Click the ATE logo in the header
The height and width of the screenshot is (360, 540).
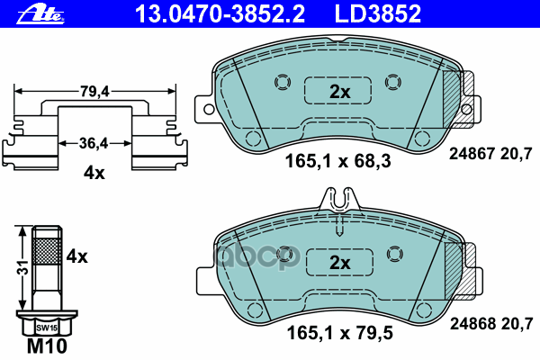click(40, 15)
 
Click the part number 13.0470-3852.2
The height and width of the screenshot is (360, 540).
click(220, 13)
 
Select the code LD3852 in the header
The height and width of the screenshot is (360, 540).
click(378, 13)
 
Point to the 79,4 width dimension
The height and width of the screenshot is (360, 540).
click(94, 91)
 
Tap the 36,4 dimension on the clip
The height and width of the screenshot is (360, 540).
click(94, 143)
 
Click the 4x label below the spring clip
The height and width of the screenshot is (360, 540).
click(94, 173)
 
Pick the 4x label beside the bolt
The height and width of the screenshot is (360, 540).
click(76, 256)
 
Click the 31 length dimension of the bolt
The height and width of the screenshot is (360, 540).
click(23, 267)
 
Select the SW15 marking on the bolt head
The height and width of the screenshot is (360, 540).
click(47, 328)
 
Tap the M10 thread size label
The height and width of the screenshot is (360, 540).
click(47, 346)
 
